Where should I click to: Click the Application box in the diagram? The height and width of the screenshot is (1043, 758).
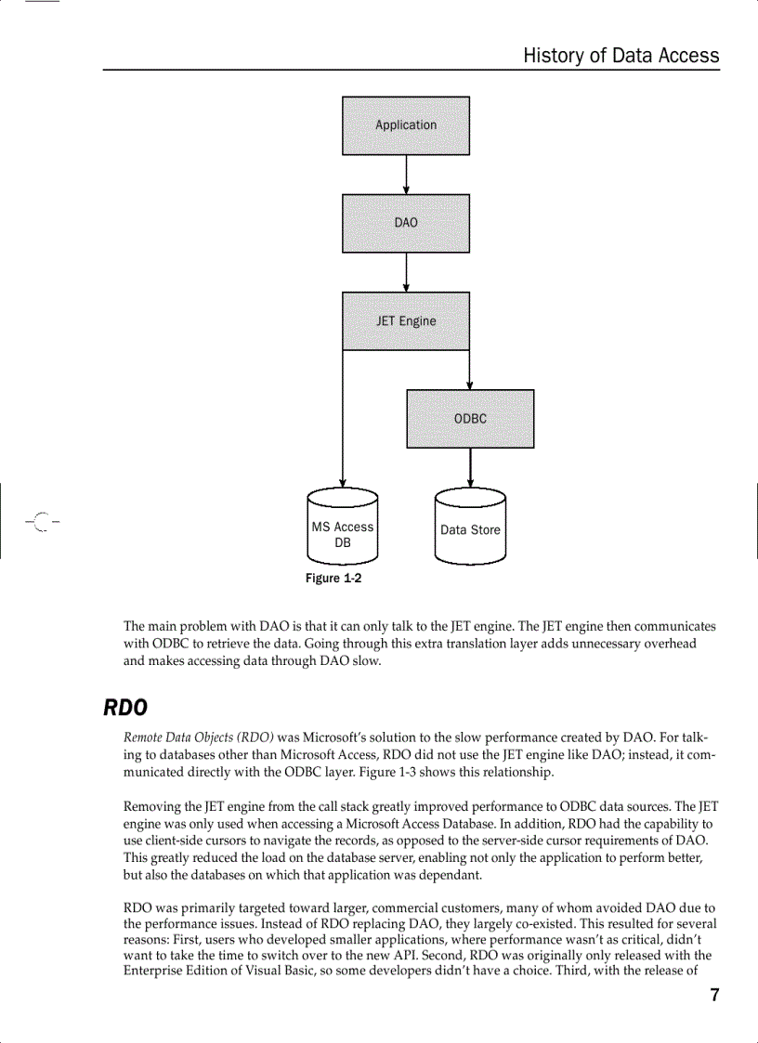point(406,125)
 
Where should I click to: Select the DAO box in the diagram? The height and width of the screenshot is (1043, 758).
point(406,223)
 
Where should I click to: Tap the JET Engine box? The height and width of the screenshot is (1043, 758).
point(406,321)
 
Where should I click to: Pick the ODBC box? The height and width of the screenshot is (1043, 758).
point(470,419)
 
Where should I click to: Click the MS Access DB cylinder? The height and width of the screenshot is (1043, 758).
point(343,528)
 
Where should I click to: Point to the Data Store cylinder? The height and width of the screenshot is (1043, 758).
point(470,528)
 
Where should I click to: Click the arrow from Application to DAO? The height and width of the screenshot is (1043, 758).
point(406,175)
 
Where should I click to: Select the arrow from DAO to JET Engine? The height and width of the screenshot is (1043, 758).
point(406,272)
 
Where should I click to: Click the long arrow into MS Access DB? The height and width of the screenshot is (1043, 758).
point(343,418)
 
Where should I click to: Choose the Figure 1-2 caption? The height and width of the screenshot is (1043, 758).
point(333,579)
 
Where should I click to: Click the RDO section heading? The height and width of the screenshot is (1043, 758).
point(125,708)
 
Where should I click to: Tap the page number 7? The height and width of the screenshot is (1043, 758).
point(714,996)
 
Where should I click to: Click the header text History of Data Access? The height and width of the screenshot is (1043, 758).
point(621,56)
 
